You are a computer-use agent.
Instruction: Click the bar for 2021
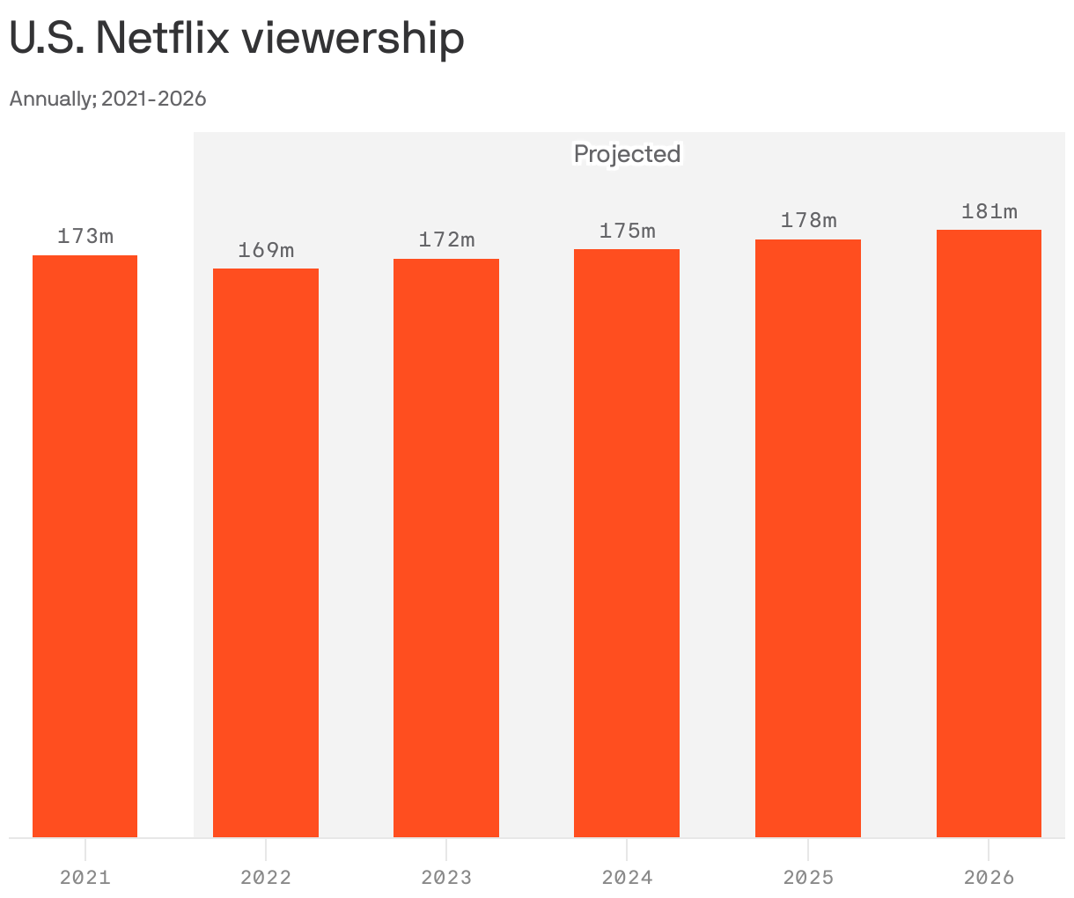pos(85,546)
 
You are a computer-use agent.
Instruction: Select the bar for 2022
pos(266,553)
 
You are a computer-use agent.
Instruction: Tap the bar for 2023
pos(446,548)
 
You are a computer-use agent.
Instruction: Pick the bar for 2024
pos(627,543)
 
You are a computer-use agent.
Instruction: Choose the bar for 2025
pos(808,538)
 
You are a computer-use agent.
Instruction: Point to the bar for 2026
pos(989,534)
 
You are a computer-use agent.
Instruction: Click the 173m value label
pos(85,236)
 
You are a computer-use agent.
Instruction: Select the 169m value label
pos(266,250)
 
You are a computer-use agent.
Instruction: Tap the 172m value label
pos(446,239)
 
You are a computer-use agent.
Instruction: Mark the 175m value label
pos(627,231)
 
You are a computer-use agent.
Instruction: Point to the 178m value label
pos(808,220)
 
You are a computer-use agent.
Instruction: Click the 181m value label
pos(989,211)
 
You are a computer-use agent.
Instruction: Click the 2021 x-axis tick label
pos(85,877)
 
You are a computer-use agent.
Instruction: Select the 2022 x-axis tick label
pos(266,877)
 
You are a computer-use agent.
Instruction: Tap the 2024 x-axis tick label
pos(627,877)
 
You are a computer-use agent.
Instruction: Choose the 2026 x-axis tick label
pos(989,877)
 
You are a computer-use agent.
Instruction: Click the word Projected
pos(627,154)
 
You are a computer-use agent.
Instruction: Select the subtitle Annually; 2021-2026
pos(107,99)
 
